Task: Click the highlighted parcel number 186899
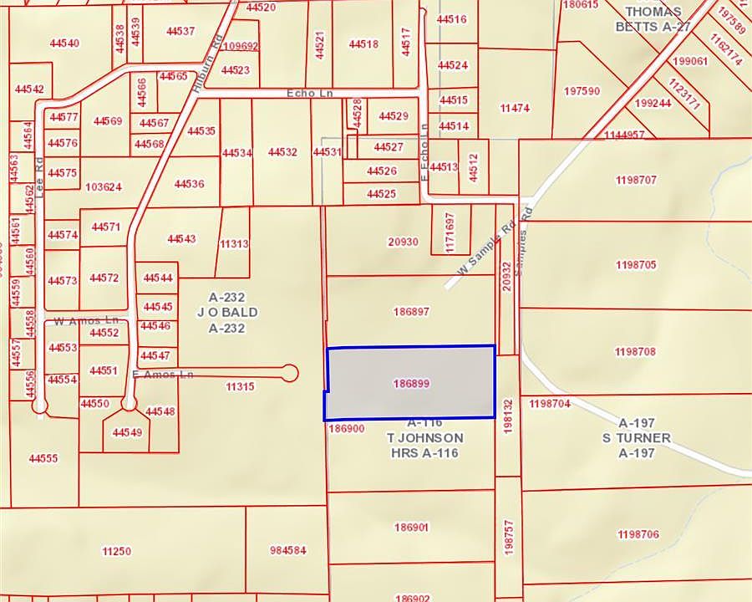(410, 384)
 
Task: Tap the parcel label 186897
(410, 311)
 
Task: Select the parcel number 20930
(403, 242)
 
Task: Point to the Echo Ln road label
(309, 94)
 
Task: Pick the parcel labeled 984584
(288, 550)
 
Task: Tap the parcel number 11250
(116, 550)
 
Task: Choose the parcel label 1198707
(636, 180)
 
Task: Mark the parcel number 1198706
(638, 534)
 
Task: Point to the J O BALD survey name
(226, 312)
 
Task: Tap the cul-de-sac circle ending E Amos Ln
(291, 372)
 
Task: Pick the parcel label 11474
(515, 109)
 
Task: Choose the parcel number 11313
(234, 244)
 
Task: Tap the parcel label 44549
(127, 432)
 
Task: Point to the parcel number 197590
(582, 90)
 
